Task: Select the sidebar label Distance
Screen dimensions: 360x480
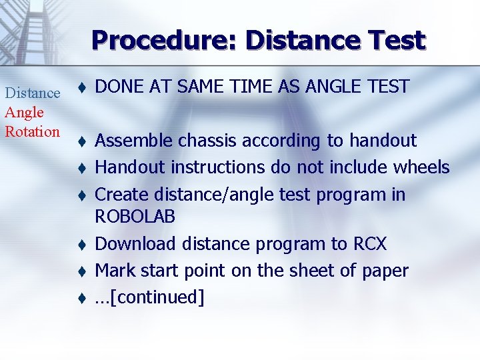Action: pos(33,93)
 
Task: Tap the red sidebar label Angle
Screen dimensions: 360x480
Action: pos(25,112)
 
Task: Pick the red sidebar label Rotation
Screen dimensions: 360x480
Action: pos(33,131)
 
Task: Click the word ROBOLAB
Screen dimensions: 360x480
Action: pos(135,217)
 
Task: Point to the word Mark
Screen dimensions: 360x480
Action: pos(114,271)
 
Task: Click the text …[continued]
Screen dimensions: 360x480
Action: pos(150,297)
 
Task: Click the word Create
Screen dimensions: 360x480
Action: pos(122,195)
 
